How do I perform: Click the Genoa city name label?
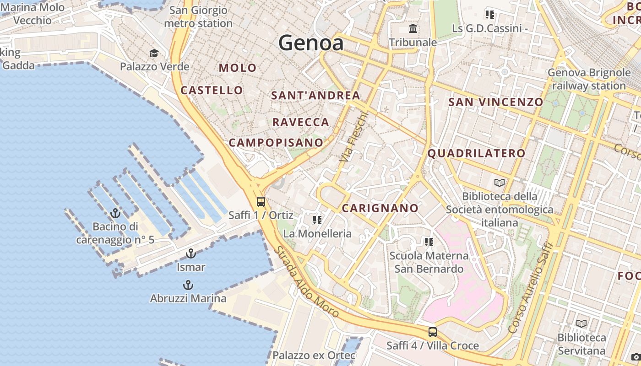click(311, 43)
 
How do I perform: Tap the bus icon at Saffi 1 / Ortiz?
click(261, 201)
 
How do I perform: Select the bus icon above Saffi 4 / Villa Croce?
click(432, 332)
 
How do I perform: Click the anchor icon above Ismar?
click(190, 253)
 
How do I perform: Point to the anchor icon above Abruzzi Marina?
click(188, 285)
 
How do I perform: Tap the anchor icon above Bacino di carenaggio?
click(115, 213)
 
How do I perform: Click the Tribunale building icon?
click(413, 29)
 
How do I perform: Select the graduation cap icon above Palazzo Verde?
click(154, 54)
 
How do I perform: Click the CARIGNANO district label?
click(380, 208)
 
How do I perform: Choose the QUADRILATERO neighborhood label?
click(476, 153)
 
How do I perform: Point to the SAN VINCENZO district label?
click(496, 102)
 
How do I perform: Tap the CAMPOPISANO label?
click(276, 142)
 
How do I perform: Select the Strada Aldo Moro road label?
click(306, 282)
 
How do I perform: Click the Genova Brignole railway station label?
click(589, 79)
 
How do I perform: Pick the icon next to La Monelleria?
click(317, 220)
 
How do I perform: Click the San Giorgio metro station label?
click(198, 17)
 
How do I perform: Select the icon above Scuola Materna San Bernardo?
click(429, 242)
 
